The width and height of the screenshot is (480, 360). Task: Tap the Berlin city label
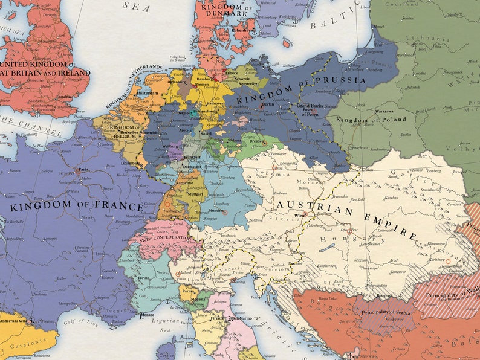point(268,104)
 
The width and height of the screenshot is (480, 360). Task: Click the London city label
point(63,97)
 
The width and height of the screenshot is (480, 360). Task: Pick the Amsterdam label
point(147,94)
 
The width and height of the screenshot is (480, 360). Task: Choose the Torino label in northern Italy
point(143,278)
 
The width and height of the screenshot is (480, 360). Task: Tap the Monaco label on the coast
point(148,316)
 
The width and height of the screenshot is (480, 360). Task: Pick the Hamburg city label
point(204,79)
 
